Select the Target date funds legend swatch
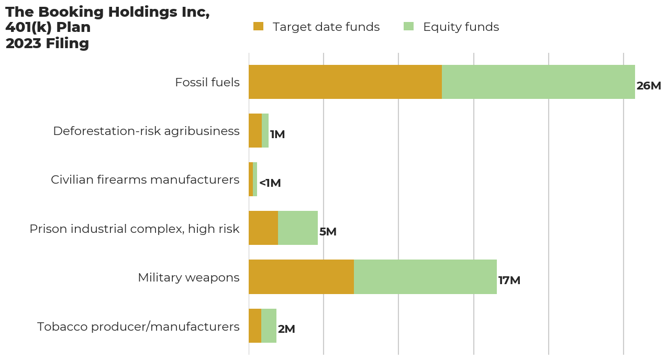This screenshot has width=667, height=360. [x=258, y=27]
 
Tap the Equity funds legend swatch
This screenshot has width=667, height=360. [x=408, y=27]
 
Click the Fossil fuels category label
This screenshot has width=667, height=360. [x=207, y=83]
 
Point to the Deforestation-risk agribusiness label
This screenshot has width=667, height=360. [x=146, y=131]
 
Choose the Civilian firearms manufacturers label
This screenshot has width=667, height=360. [x=145, y=180]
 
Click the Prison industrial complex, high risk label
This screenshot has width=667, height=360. [x=135, y=229]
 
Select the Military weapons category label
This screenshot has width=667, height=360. [x=188, y=278]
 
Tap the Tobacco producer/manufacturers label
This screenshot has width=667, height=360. [x=138, y=327]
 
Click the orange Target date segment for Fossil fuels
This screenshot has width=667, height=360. [x=345, y=82]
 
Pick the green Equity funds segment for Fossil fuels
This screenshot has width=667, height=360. [x=538, y=82]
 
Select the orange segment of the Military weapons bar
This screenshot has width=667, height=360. [x=301, y=277]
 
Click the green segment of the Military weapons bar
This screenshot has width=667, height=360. [x=425, y=277]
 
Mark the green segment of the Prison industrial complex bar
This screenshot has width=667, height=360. [x=298, y=228]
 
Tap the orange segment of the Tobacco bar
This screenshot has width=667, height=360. [x=255, y=325]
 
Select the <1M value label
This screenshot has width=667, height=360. [x=270, y=184]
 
